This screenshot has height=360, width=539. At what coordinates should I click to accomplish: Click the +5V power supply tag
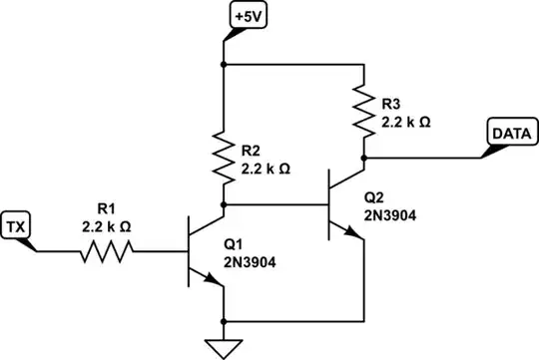pos(245,17)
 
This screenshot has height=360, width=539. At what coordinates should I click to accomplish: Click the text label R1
pos(106,209)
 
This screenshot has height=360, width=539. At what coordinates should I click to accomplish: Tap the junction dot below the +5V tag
pos(224,65)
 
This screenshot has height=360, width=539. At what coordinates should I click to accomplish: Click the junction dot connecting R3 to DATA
pos(365,158)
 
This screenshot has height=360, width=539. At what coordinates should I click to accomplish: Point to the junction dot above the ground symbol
pos(224,322)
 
